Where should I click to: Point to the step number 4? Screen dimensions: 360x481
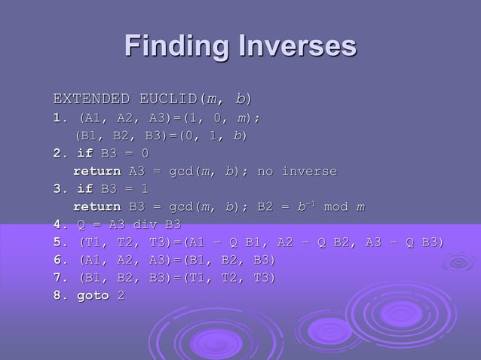(57, 224)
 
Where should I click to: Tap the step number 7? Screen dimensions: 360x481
(57, 278)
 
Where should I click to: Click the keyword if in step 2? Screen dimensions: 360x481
(84, 154)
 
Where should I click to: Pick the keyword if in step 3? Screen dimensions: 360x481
(84, 189)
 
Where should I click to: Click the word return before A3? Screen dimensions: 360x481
(97, 172)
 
